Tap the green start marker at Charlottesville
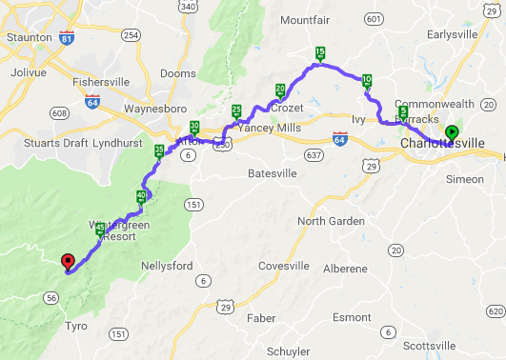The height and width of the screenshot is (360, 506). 452,132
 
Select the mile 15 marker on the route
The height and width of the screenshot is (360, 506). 320,53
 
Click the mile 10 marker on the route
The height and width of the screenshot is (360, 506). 367,80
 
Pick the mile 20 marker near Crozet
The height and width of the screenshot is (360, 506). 280,90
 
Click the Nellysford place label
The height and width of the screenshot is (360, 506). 168,265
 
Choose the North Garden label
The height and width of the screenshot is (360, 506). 331,221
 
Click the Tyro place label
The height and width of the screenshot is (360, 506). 75,326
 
